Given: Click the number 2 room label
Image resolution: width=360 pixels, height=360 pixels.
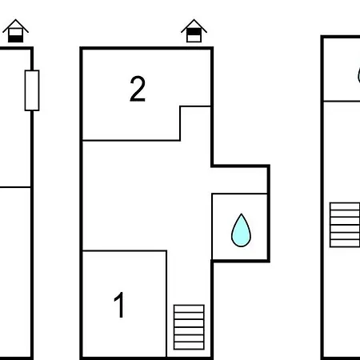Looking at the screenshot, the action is [138, 89].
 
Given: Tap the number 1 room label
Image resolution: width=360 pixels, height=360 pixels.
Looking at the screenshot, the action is [119, 305].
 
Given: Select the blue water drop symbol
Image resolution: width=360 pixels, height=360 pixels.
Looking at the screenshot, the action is [241, 230].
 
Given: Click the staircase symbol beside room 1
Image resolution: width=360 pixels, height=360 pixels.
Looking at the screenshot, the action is [189, 327].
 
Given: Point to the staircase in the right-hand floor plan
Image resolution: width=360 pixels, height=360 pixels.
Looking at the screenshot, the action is [345, 225].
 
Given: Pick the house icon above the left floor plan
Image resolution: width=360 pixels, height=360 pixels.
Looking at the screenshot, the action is [15, 30].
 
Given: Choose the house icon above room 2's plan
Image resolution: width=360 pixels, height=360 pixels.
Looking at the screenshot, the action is [194, 30].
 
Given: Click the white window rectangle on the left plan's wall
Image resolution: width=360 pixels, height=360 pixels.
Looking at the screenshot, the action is [32, 90].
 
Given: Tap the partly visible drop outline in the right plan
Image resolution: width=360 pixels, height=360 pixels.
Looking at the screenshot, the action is [358, 75].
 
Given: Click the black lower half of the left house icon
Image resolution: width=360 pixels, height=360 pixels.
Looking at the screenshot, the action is [15, 39].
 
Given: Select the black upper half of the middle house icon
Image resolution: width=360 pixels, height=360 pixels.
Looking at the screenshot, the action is [194, 32].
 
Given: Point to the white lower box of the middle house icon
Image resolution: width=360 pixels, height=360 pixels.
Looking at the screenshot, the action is [194, 38].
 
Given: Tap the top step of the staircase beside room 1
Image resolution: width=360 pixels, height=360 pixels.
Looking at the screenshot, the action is [189, 309].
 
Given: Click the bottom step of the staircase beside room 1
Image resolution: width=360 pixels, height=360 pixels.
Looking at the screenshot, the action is [189, 346].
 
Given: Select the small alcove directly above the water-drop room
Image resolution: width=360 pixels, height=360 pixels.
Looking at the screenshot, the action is [240, 180].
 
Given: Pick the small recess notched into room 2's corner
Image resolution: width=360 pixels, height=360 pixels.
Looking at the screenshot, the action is [195, 123].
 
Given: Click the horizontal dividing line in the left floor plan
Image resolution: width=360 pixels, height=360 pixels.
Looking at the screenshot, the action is [15, 187].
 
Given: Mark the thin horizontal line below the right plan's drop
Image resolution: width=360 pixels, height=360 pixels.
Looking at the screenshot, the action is [342, 102].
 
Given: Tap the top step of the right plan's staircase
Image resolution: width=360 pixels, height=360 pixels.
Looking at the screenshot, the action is [345, 206].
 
